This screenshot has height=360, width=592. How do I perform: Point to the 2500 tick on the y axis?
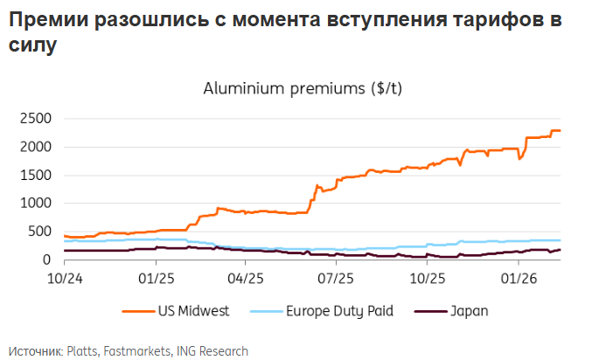38,118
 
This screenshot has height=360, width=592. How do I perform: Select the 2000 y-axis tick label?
38,147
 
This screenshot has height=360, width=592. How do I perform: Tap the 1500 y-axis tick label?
38,175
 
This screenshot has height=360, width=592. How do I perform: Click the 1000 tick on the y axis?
38,204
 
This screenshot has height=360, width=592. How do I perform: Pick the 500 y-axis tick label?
43,232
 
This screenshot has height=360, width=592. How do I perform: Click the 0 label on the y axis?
51,260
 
